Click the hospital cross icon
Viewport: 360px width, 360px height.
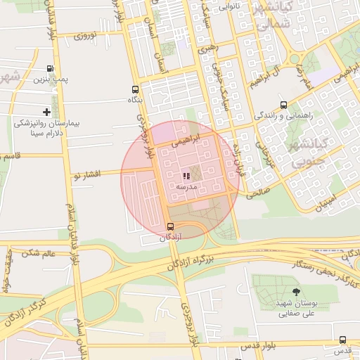(47, 112)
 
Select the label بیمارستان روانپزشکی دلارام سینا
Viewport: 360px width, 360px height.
(48, 127)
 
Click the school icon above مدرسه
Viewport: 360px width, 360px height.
(186, 176)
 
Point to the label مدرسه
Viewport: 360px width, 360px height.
(186, 187)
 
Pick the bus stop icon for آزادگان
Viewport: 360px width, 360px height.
(170, 226)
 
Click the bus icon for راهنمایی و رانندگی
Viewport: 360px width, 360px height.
(283, 105)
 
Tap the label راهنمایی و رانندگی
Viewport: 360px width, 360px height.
(283, 115)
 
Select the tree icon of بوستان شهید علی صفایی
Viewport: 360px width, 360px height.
(295, 291)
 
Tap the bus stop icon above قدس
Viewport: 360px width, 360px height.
(342, 340)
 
